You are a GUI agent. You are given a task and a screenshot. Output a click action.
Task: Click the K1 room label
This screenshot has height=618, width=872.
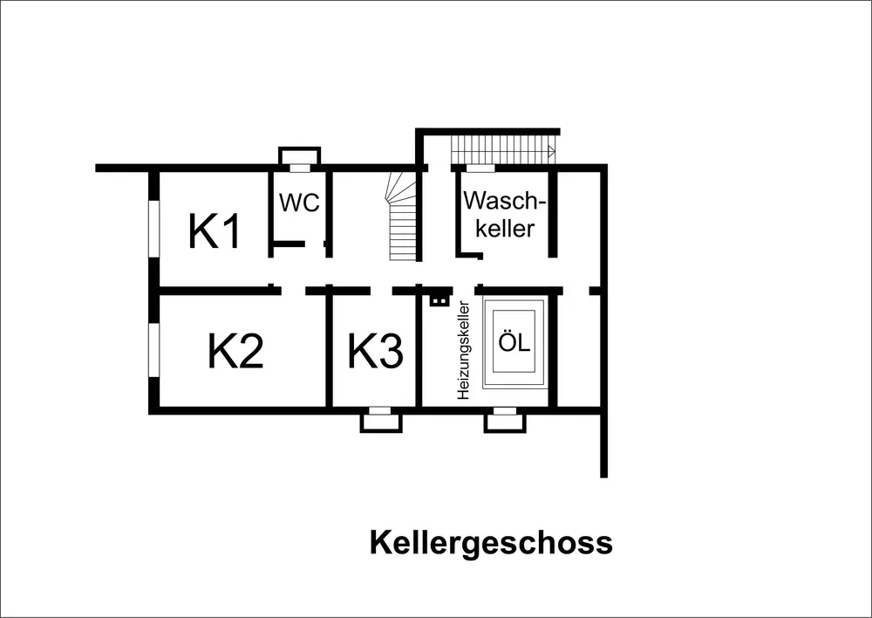pos(215,232)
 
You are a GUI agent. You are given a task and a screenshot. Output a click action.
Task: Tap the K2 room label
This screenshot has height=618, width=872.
pos(235,351)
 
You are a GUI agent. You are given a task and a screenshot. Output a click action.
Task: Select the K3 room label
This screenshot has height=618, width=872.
pos(376,352)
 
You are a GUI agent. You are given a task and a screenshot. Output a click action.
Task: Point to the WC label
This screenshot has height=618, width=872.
pos(299,203)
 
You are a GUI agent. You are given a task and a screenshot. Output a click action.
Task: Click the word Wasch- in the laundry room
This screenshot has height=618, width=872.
pos(505,201)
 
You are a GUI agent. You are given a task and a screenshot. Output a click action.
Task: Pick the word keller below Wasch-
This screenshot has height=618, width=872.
pos(500,229)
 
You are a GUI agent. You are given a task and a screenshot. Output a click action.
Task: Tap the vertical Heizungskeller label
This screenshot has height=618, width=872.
pos(463,351)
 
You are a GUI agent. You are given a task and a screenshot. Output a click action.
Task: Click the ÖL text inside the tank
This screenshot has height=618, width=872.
pos(514,343)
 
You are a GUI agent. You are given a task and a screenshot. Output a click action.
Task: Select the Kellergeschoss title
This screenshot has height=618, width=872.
pos(491,542)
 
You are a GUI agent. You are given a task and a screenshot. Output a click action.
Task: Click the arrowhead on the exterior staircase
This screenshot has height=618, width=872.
pos(551,152)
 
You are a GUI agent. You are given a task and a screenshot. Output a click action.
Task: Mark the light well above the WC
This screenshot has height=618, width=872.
pos(298,157)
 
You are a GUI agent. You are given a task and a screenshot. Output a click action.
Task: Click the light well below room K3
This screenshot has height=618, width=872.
pos(381,421)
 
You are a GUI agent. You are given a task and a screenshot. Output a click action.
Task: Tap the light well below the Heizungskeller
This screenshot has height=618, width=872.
pos(505,421)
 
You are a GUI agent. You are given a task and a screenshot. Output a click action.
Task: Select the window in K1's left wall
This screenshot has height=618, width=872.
pos(153,229)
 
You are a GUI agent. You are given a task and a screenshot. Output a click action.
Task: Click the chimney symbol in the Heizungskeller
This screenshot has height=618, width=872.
pos(439,301)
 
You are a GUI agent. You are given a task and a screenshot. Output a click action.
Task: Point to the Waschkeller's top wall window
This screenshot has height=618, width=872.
pos(480,168)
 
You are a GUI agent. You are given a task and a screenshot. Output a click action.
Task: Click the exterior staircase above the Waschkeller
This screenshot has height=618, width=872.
pos(503,148)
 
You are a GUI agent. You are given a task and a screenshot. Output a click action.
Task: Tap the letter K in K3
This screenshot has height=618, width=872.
pos(362,352)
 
